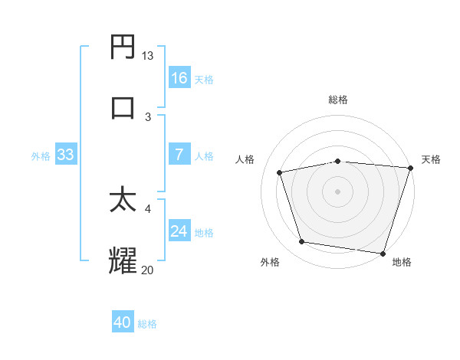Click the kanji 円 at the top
click(123, 47)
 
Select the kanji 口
click(123, 107)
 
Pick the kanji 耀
click(123, 260)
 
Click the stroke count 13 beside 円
click(148, 56)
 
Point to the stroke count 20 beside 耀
click(148, 269)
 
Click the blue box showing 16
click(179, 78)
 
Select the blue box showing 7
click(179, 155)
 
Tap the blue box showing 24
click(179, 231)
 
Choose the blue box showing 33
click(66, 155)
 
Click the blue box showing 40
click(123, 322)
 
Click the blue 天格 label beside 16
click(204, 79)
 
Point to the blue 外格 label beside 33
click(41, 155)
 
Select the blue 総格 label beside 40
click(147, 323)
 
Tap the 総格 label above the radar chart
click(337, 100)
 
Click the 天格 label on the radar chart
click(431, 159)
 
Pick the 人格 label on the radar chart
click(245, 159)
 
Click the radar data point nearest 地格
click(383, 253)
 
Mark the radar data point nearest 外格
click(302, 242)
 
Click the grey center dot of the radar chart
click(337, 191)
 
